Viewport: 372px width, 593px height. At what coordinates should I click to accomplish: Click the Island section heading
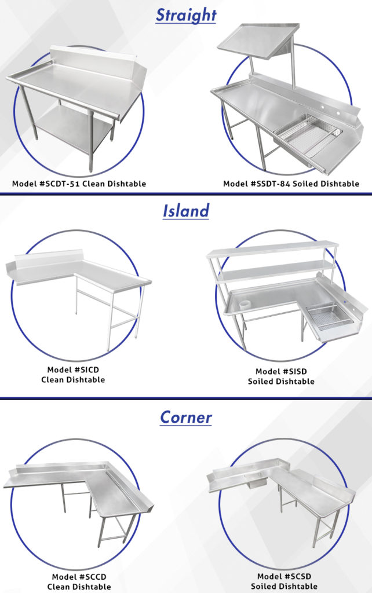click(x=185, y=210)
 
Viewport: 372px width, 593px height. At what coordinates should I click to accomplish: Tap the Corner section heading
click(x=185, y=417)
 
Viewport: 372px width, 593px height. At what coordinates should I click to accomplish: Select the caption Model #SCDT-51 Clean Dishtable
click(x=79, y=184)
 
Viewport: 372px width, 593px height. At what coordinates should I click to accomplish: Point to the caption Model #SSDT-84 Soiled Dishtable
click(x=291, y=184)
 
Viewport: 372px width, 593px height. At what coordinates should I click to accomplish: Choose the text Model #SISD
click(x=281, y=371)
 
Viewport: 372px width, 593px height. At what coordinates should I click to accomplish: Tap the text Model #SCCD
click(x=79, y=577)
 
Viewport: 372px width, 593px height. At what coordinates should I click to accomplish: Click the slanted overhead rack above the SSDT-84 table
click(x=258, y=42)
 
